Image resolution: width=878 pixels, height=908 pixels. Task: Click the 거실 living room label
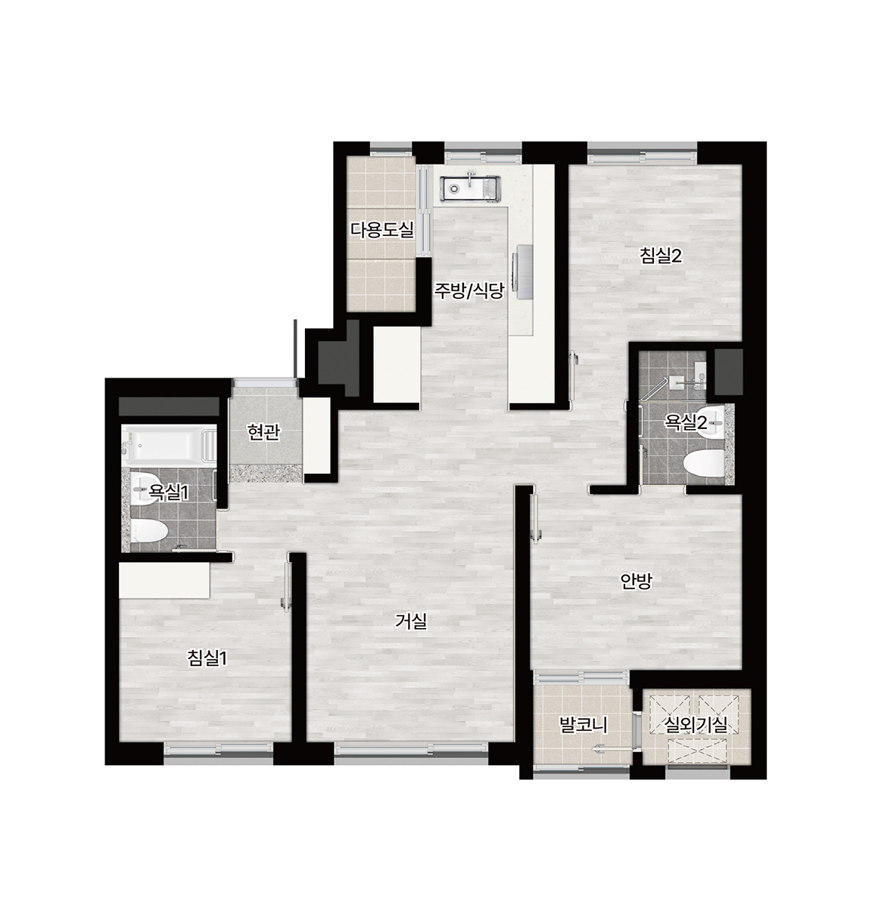click(410, 621)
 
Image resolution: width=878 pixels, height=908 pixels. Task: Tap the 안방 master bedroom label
click(635, 580)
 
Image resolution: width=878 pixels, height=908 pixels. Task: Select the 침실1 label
click(207, 658)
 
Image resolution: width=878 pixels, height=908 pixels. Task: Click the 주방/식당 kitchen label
click(469, 291)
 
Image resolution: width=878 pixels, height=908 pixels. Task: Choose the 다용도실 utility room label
click(382, 229)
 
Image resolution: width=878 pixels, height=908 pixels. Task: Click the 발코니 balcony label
click(583, 726)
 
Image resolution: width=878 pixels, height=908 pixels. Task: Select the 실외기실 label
click(696, 725)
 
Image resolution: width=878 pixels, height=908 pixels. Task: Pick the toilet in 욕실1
click(149, 531)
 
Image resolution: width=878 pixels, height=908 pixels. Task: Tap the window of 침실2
click(642, 153)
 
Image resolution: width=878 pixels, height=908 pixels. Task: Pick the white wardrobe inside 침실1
click(164, 580)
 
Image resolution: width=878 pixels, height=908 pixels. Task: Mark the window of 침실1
click(219, 749)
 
